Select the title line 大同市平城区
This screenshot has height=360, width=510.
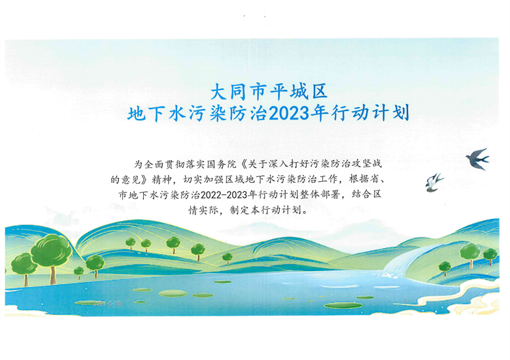coord(269,92)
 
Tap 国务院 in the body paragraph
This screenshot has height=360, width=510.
coord(222,164)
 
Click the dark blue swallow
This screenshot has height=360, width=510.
coord(477,159)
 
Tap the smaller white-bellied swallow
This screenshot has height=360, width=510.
coord(433,182)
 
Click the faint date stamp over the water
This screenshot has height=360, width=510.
coord(107,303)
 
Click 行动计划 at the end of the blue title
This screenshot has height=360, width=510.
coord(371,114)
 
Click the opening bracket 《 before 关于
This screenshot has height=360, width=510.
coord(243,164)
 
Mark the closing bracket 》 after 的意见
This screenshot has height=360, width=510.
coord(145,180)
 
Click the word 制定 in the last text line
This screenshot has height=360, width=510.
coord(240,210)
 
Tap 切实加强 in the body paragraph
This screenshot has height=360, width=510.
coord(204,180)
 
